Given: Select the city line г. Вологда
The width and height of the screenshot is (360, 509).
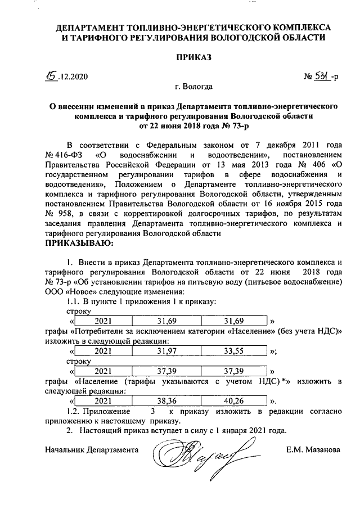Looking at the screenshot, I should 193,87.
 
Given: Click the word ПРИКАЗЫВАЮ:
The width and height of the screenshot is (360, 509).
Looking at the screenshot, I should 79,244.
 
